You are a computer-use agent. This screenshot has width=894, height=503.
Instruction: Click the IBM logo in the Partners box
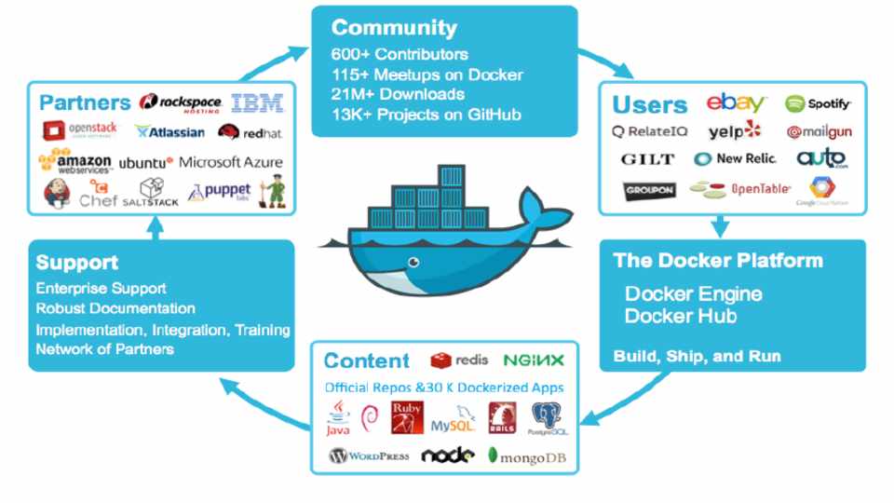[x=256, y=104]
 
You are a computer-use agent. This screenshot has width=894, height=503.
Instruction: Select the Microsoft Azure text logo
[x=230, y=162]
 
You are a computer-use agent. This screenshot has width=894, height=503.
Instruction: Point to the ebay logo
[x=735, y=103]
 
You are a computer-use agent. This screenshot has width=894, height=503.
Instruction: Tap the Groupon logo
[x=648, y=191]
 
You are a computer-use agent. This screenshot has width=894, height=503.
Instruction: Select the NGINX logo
[x=533, y=360]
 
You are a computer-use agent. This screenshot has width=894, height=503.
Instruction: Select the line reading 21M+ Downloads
[x=398, y=94]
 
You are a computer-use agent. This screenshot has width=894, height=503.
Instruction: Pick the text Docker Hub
[x=681, y=317]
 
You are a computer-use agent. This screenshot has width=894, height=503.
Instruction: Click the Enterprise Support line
[x=101, y=289]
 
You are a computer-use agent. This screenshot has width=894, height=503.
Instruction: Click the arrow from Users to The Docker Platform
[x=720, y=225]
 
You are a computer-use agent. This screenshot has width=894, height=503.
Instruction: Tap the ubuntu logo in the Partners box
[x=146, y=162]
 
